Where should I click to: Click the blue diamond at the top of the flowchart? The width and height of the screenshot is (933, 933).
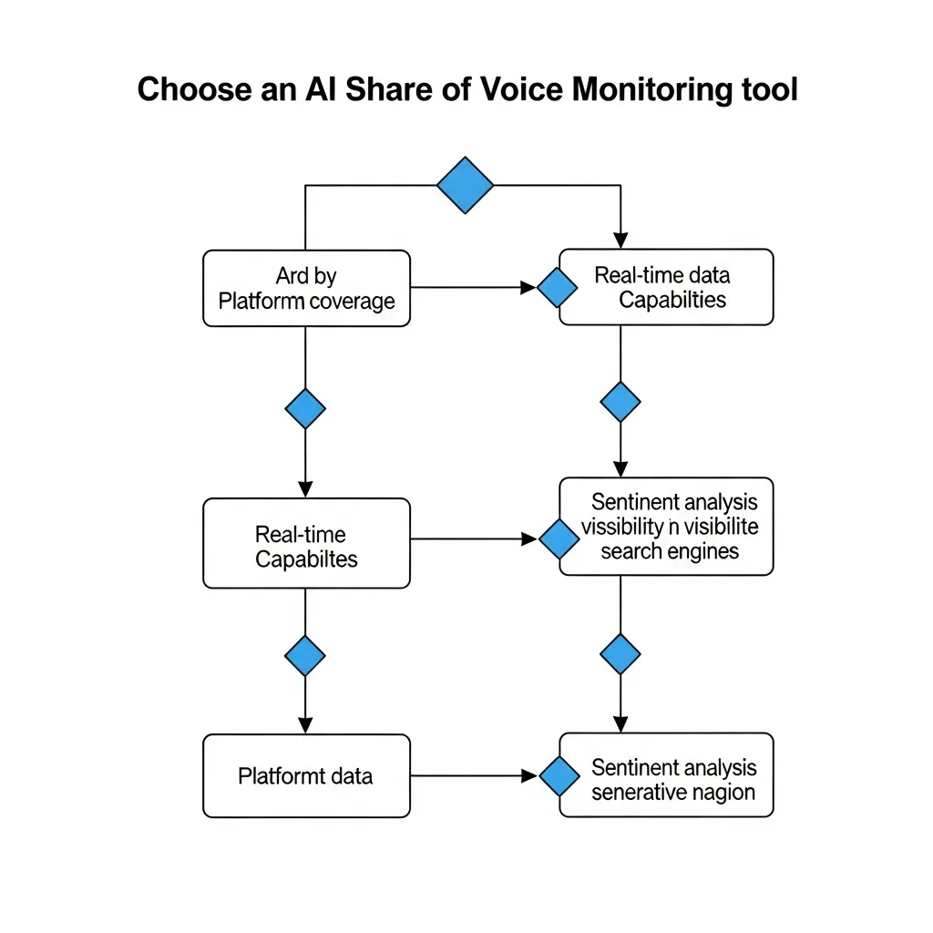click(465, 185)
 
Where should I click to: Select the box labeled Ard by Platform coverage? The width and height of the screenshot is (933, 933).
click(306, 288)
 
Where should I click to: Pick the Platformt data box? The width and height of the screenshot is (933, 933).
click(306, 776)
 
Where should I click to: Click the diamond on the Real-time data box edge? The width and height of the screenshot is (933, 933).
click(557, 288)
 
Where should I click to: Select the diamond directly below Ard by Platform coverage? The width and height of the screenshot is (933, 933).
click(305, 408)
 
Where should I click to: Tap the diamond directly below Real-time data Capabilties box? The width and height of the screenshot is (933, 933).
click(620, 402)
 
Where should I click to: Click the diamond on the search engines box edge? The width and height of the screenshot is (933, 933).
click(559, 539)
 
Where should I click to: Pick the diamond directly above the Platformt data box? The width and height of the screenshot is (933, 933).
click(305, 654)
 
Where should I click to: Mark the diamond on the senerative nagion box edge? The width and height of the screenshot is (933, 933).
click(559, 776)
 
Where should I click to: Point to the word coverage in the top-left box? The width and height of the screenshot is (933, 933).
click(351, 302)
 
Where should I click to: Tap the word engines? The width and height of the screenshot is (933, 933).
click(702, 551)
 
